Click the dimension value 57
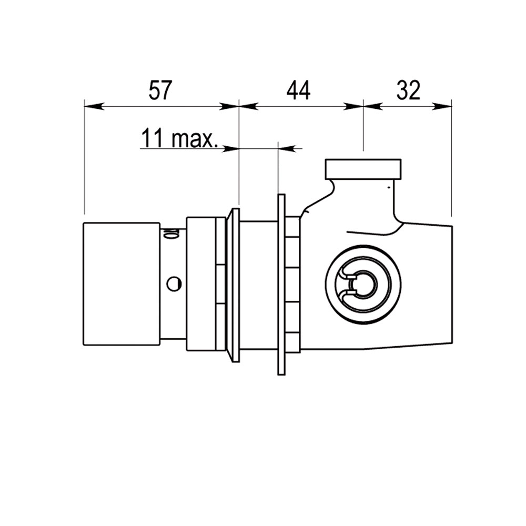pos(160,90)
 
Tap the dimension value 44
pos(299,90)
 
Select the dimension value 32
pos(408,90)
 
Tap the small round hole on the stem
pos(174,284)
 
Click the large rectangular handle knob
pos(122,284)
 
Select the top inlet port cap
pos(363,169)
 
